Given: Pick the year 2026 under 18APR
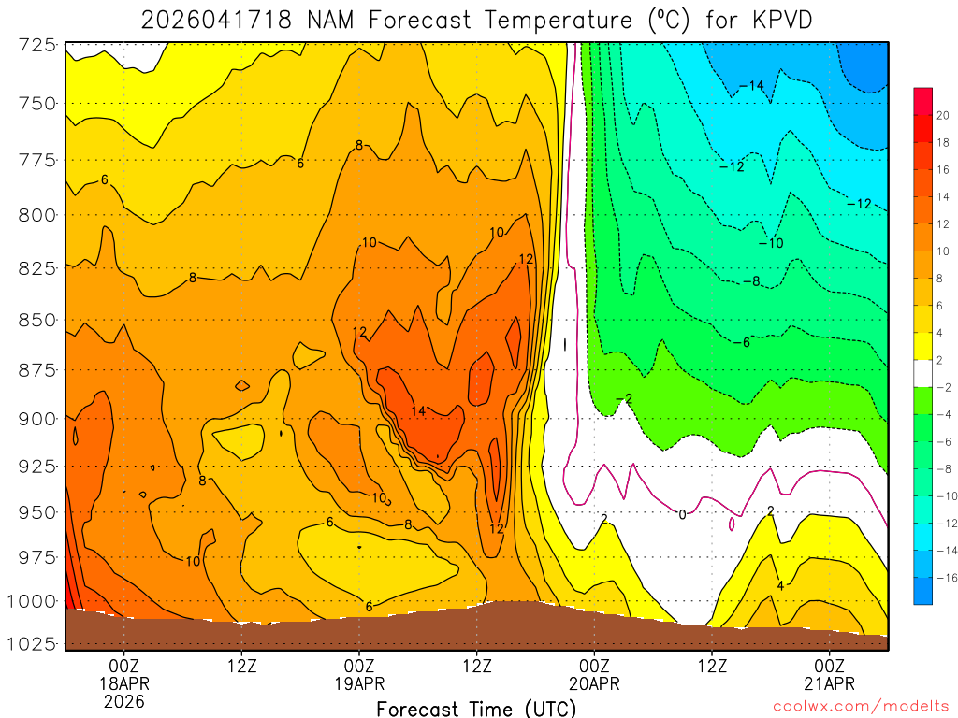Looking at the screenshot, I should [x=123, y=701].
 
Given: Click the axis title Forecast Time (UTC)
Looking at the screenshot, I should [x=476, y=709].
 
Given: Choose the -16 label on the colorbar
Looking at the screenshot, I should [x=941, y=577].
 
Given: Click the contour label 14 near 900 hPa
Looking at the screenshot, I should [x=418, y=411].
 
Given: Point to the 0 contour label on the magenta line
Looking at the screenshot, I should [x=682, y=514].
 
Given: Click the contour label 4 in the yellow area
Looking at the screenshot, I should [x=780, y=586].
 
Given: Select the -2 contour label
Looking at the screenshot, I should [x=624, y=399].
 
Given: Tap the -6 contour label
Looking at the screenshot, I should [x=741, y=343].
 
